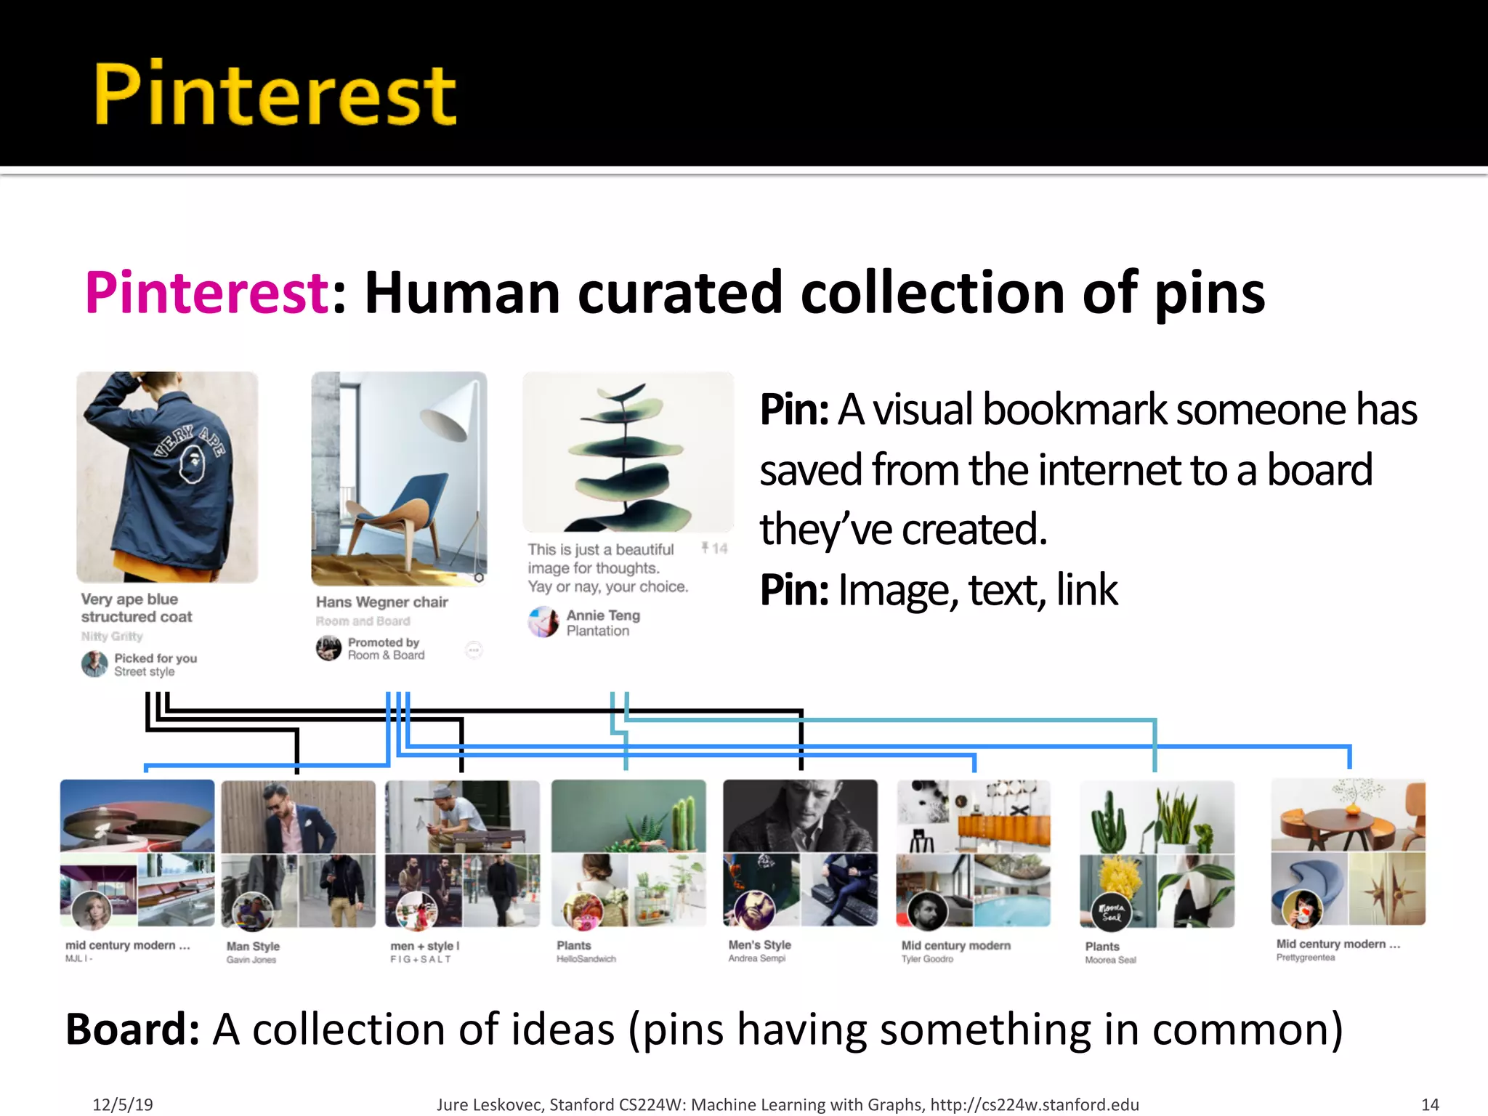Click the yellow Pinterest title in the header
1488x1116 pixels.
point(275,94)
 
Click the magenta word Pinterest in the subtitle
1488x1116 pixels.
point(208,292)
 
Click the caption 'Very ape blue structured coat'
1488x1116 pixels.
point(137,608)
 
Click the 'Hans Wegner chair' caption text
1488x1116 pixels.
point(381,602)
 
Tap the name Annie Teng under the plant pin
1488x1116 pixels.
point(603,615)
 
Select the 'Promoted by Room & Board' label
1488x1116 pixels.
point(385,649)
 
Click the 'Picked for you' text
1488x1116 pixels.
point(155,658)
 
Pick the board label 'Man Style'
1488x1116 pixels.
point(253,946)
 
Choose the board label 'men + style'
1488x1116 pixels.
point(424,946)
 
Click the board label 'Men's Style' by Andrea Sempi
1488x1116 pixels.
point(759,945)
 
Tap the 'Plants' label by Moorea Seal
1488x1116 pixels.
point(1102,947)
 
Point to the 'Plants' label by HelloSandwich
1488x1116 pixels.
point(574,946)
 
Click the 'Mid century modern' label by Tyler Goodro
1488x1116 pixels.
point(955,946)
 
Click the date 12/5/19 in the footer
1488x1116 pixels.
point(123,1105)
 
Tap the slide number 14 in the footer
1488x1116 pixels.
point(1430,1105)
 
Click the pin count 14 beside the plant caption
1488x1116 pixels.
point(719,549)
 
